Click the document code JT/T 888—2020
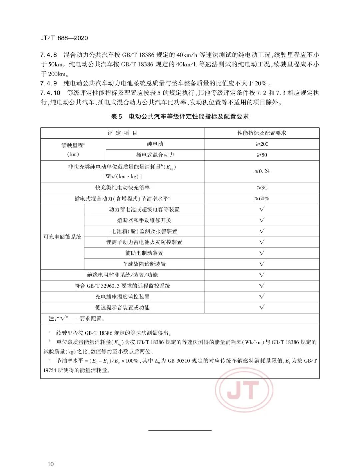click(x=64, y=38)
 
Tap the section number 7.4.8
click(x=49, y=55)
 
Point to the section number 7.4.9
click(x=49, y=83)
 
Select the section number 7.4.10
click(x=50, y=93)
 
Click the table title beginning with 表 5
click(x=180, y=116)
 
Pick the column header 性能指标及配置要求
click(x=262, y=133)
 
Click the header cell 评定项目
click(x=122, y=133)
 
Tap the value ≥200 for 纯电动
click(x=262, y=144)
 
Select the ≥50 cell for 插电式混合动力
click(x=262, y=155)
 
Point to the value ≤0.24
click(x=262, y=171)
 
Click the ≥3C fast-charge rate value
click(x=262, y=188)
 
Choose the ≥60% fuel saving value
click(x=262, y=199)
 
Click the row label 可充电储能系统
click(x=62, y=237)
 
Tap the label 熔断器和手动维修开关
click(x=144, y=220)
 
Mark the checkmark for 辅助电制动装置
click(x=262, y=253)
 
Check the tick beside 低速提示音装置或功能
click(x=262, y=307)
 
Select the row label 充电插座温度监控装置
click(x=122, y=297)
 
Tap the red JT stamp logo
click(x=244, y=390)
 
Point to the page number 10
click(x=51, y=464)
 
